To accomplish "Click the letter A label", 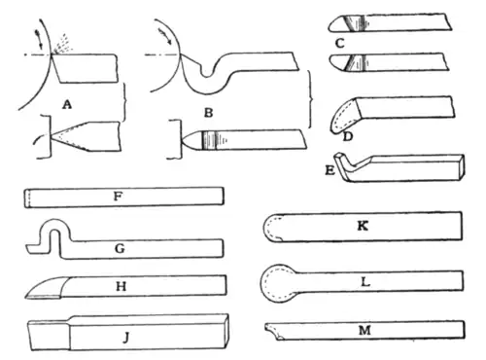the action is click(67, 104).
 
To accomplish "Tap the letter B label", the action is click(209, 113).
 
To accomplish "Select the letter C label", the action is click(340, 43).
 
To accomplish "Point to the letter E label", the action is click(330, 170).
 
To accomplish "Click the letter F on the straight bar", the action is click(118, 197).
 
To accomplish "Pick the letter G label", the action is click(120, 249).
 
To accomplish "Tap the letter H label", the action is click(121, 286).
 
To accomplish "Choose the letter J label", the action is click(126, 339).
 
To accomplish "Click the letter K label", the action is click(363, 226).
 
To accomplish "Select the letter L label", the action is click(365, 282).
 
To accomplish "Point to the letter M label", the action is click(364, 331).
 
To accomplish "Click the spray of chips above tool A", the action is click(64, 44).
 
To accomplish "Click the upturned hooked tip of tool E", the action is click(341, 158).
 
